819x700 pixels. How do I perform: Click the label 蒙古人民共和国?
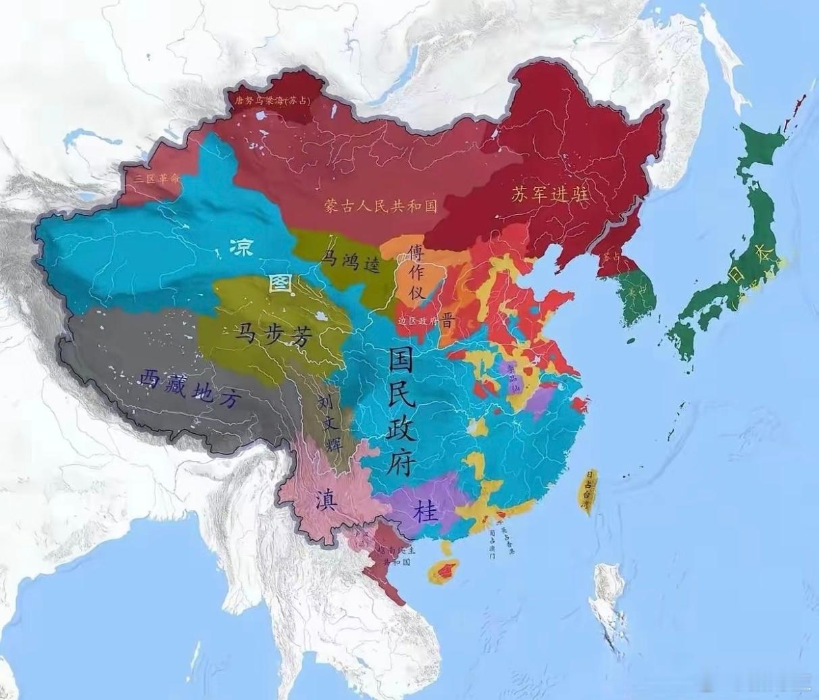[x=380, y=205]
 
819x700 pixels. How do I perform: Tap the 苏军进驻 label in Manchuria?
[x=549, y=195]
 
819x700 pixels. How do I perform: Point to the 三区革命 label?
[x=157, y=178]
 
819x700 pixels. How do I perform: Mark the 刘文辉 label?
[x=330, y=423]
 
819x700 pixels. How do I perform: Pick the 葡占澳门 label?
[x=492, y=545]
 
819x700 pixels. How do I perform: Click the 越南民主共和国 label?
[x=396, y=555]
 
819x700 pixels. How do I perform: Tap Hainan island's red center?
[x=444, y=572]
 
